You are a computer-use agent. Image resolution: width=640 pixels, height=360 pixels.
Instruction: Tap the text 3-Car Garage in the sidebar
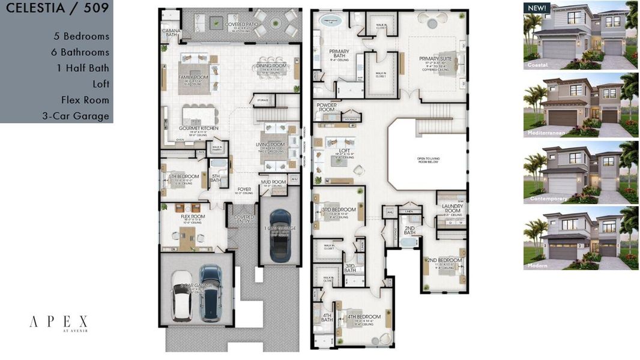(76, 116)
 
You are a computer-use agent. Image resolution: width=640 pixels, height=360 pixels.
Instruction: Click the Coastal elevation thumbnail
(580, 35)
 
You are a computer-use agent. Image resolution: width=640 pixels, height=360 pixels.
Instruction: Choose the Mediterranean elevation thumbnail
(580, 104)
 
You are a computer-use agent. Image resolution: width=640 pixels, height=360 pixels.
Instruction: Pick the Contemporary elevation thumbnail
(580, 172)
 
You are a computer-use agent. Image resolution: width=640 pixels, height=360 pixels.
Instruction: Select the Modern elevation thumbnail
(580, 238)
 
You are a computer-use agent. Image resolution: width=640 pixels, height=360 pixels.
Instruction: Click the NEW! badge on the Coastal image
(536, 8)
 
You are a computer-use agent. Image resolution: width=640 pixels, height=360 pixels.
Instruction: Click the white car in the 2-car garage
(182, 295)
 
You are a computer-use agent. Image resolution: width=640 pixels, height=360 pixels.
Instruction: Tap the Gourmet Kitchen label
(198, 128)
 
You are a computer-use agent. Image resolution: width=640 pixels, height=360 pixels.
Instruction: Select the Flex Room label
(193, 217)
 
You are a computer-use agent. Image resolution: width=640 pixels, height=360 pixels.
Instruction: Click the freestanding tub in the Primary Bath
(331, 20)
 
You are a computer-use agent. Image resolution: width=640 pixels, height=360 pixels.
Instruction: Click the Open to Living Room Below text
(426, 160)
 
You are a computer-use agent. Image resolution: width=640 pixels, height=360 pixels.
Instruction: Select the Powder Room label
(327, 107)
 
